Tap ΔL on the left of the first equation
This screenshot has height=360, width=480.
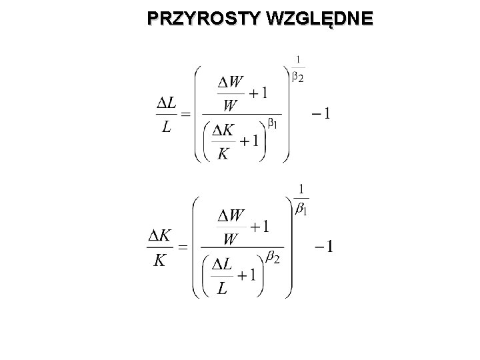click(166, 103)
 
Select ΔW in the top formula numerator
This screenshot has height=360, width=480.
click(230, 83)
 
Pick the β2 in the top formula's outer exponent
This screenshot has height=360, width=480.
click(298, 79)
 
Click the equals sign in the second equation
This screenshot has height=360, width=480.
click(182, 247)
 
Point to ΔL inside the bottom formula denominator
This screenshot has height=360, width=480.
click(222, 266)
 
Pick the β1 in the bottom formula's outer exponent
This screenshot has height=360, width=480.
click(301, 209)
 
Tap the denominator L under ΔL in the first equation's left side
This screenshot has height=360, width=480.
click(165, 127)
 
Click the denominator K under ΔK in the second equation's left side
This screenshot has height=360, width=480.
click(159, 260)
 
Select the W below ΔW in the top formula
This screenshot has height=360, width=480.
click(230, 105)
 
